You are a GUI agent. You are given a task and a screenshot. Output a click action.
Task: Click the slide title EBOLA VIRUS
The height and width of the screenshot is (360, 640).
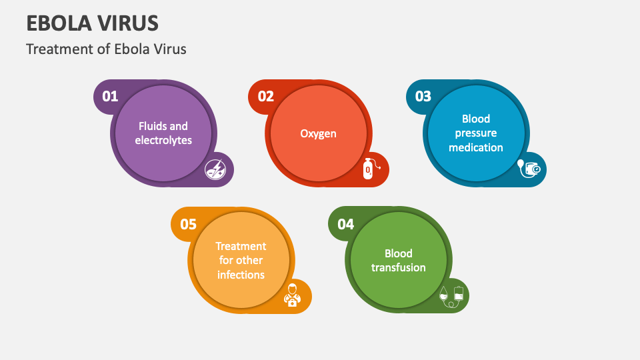tap(93, 23)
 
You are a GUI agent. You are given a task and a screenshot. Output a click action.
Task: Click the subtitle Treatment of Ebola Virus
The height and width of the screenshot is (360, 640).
tap(106, 49)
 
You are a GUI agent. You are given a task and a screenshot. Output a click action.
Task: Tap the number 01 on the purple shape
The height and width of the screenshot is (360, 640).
tap(110, 97)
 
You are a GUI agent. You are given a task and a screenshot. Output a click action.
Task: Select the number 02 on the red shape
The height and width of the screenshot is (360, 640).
tap(266, 97)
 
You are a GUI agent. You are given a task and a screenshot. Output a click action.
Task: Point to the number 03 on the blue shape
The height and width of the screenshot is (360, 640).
tap(423, 97)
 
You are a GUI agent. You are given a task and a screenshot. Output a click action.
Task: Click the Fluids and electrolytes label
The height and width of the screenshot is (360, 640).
tap(163, 133)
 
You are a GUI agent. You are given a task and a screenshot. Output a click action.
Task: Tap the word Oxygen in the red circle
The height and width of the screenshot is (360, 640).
tap(318, 133)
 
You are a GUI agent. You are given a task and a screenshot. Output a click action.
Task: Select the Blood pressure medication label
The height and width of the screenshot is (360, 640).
tap(476, 133)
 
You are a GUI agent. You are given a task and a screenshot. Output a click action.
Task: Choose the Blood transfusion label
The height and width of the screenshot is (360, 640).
tap(399, 260)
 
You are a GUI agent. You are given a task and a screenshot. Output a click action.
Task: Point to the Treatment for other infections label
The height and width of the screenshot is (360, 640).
tap(241, 260)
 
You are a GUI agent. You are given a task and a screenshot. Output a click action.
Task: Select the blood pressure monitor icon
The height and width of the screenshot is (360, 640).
tap(531, 169)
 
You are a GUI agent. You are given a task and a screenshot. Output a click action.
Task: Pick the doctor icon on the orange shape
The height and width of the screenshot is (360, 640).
tap(292, 295)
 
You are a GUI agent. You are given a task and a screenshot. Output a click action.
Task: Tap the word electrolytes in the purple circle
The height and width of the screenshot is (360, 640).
tap(163, 141)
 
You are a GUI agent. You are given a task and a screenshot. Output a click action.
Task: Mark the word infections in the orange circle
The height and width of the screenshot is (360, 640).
tap(241, 275)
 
